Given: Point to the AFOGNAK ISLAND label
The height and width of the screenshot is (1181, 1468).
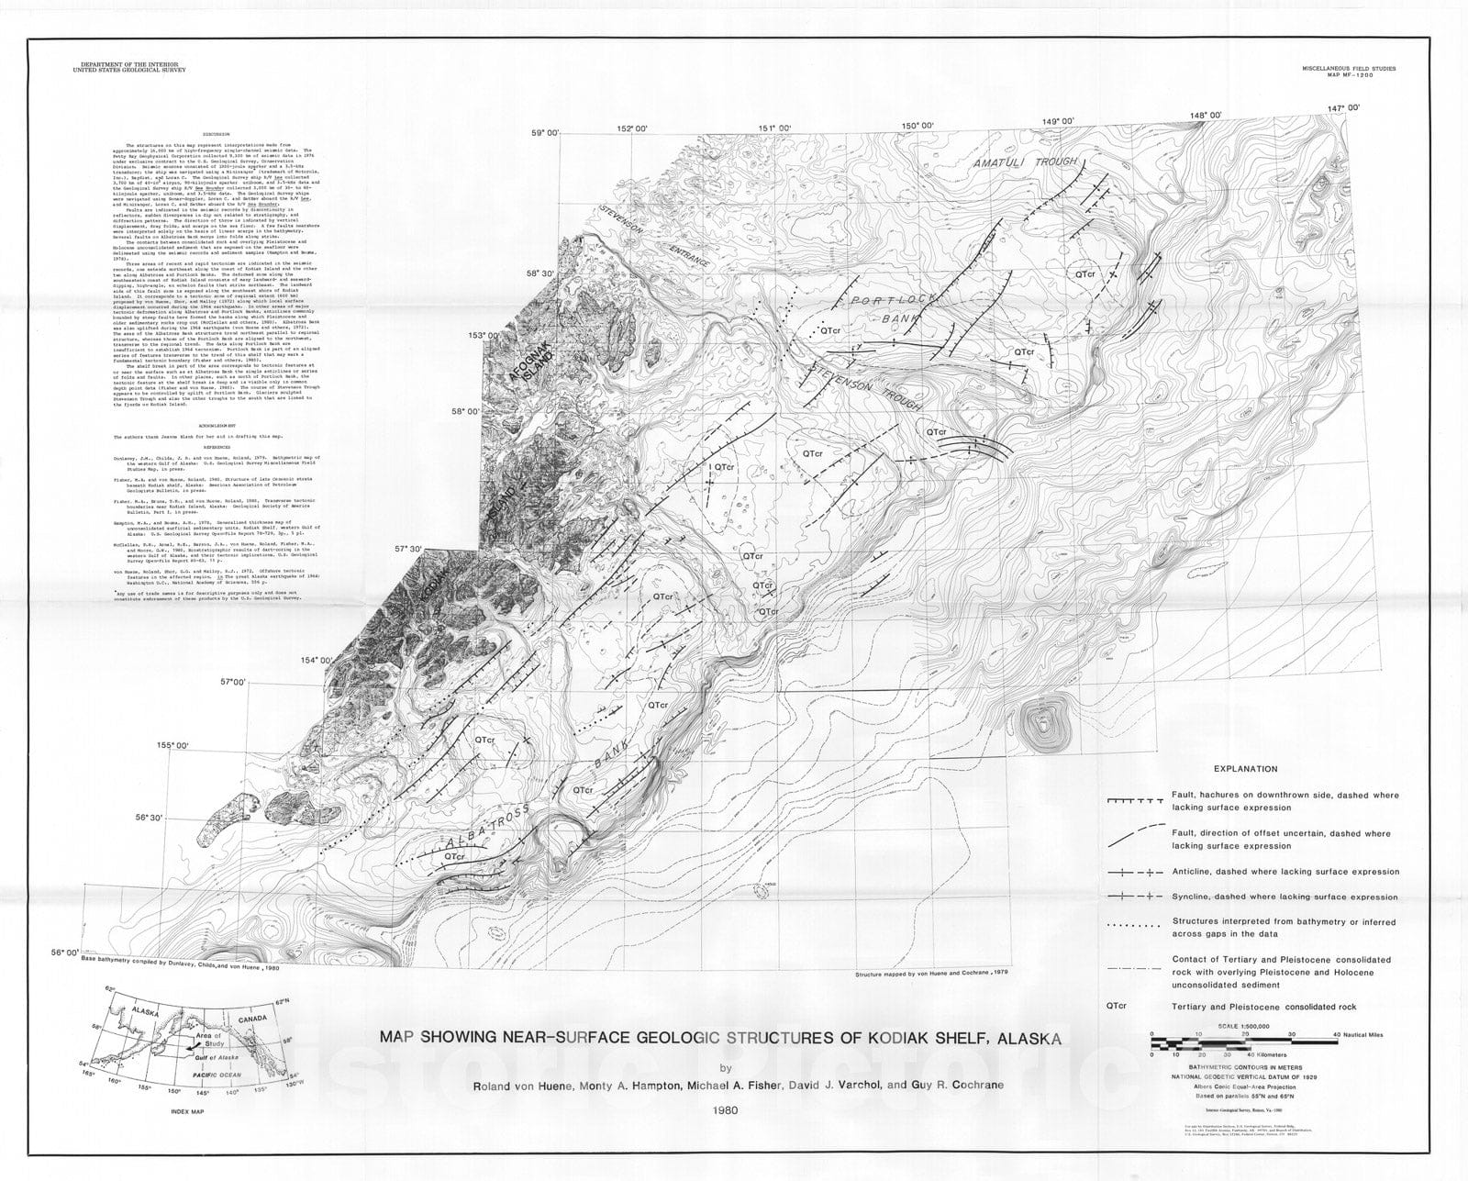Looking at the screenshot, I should pyautogui.click(x=527, y=372).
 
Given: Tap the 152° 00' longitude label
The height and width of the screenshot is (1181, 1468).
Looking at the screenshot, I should pyautogui.click(x=632, y=128).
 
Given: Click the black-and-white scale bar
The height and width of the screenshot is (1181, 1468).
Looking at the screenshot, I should pyautogui.click(x=1220, y=1043).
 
